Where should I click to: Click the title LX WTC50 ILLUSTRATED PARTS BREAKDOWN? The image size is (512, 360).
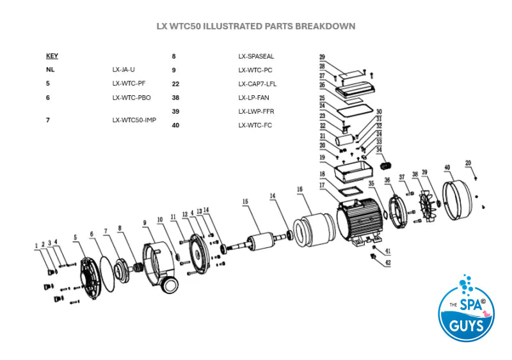(x=256, y=27)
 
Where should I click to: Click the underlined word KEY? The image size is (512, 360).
(x=52, y=56)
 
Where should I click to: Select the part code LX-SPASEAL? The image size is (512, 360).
(x=256, y=56)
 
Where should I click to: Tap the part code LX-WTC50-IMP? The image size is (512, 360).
(x=134, y=120)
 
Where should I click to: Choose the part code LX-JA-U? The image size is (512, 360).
(x=124, y=70)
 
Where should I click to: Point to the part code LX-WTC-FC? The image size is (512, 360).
(x=255, y=125)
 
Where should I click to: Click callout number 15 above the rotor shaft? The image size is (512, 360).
(x=244, y=202)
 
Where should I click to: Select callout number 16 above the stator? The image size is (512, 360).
(x=299, y=189)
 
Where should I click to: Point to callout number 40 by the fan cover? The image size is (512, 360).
(x=446, y=168)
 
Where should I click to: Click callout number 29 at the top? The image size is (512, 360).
(x=323, y=57)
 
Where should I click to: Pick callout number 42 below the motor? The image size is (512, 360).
(x=388, y=262)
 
